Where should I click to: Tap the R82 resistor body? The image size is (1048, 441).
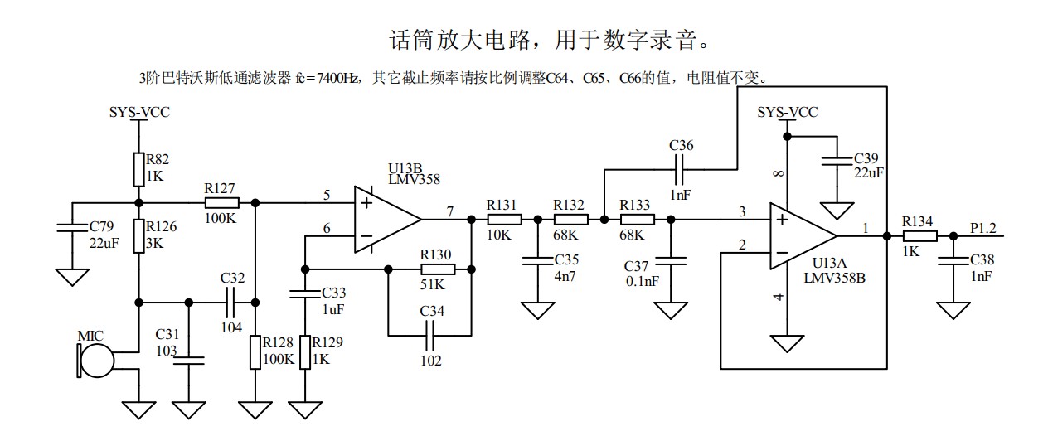(138, 169)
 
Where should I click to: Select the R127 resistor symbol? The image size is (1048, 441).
(221, 202)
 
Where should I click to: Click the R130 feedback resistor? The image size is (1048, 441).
(438, 269)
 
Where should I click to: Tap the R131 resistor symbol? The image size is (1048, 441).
(504, 219)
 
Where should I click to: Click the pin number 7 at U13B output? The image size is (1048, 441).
(450, 211)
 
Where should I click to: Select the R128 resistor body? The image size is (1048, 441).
(255, 351)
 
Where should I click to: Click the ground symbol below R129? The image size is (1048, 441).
(306, 409)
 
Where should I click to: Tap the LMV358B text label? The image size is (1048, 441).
(834, 277)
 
